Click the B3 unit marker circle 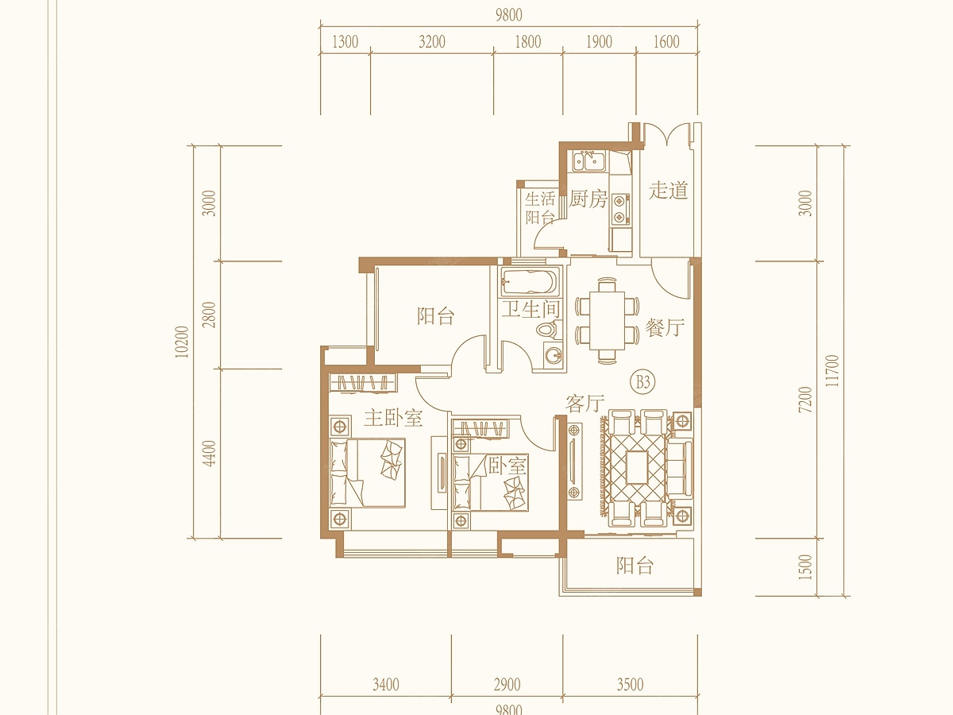coord(643,382)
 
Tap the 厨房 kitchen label coord(588,199)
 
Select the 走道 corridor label coord(669,190)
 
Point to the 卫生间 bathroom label coord(531,310)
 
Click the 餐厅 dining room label coord(665,327)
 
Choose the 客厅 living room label coord(585,404)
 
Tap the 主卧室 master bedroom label coord(393,418)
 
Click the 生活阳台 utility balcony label coord(540,208)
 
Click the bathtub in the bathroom coord(530,282)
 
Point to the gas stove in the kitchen coord(620,209)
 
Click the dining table coord(607,320)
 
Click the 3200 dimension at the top coord(432,41)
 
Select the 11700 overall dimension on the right coord(832,371)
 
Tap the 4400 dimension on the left coord(210,453)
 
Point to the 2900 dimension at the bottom coord(507,685)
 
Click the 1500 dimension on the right coord(805,567)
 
